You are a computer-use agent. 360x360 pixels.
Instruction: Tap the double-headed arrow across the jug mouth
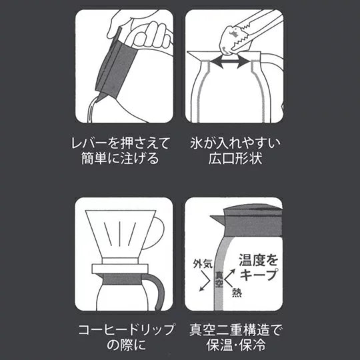[x=230, y=62]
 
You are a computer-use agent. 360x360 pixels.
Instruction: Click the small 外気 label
[x=203, y=264]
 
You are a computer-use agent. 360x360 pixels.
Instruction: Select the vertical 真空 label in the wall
[x=219, y=279]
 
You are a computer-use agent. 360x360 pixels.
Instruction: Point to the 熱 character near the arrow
[x=237, y=293]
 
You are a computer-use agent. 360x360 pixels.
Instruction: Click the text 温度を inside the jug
[x=259, y=260]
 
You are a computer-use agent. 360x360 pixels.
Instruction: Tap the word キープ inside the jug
[x=259, y=275]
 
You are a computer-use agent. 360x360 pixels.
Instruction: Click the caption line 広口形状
[x=235, y=158]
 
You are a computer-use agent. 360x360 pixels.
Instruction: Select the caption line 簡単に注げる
[x=120, y=158]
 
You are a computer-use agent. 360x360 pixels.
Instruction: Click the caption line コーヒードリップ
[x=126, y=329]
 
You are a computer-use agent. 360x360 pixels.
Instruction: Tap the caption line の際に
[x=126, y=345]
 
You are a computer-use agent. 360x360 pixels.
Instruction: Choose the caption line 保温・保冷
[x=236, y=345]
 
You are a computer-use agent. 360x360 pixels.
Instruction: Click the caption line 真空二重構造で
[x=235, y=329]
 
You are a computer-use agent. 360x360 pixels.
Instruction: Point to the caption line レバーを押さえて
[x=120, y=143]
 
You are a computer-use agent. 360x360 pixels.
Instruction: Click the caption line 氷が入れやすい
[x=235, y=143]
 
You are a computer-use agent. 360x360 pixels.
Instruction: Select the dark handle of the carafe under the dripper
[x=159, y=291]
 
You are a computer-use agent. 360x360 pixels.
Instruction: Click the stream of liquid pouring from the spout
[x=90, y=110]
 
